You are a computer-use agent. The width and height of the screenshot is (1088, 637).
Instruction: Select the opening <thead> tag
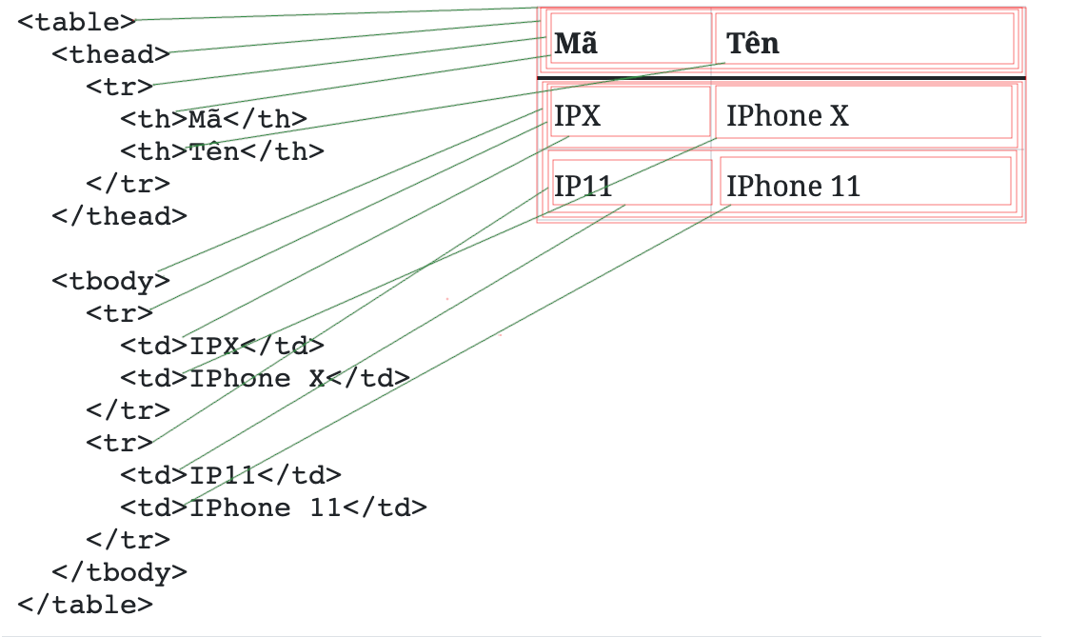[110, 54]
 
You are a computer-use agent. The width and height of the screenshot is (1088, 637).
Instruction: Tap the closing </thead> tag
[119, 216]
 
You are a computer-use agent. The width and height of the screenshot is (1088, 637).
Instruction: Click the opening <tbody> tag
[110, 281]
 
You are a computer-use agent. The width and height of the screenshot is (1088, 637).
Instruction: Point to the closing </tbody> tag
[119, 572]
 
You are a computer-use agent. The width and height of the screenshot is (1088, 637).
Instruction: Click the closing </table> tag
[85, 605]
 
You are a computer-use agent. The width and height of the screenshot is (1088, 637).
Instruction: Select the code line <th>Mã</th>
[213, 119]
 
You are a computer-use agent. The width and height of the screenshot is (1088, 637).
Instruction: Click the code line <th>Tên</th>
[222, 151]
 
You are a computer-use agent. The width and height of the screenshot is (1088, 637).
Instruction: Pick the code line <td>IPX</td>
[222, 346]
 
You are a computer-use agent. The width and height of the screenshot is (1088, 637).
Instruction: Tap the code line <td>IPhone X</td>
[265, 378]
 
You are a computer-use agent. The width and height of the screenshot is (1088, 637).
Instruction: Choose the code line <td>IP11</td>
[230, 475]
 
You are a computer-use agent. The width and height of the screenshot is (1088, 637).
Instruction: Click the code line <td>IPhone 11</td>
[273, 508]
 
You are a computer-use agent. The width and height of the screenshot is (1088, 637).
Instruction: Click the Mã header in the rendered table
[577, 44]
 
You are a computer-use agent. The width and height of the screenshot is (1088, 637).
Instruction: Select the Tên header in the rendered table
[753, 44]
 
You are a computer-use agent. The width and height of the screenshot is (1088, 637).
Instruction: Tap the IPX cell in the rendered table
[578, 116]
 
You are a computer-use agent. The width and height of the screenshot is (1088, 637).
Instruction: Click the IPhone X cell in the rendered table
[787, 116]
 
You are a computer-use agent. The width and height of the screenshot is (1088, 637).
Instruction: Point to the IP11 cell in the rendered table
[583, 187]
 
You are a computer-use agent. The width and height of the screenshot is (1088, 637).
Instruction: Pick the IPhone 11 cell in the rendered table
[793, 187]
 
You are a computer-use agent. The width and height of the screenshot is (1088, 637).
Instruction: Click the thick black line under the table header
[781, 77]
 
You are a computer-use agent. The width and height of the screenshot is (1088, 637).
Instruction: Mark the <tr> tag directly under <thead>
[119, 87]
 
